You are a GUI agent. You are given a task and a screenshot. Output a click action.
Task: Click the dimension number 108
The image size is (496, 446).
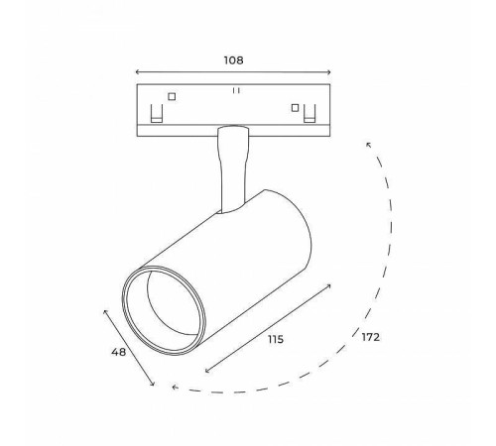pyautogui.click(x=233, y=59)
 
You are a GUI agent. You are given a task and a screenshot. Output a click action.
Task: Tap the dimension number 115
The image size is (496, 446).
pyautogui.click(x=276, y=339)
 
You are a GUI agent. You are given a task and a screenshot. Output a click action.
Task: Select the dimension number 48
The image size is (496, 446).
pyautogui.click(x=117, y=351)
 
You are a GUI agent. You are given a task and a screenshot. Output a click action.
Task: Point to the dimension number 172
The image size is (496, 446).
pyautogui.click(x=371, y=337)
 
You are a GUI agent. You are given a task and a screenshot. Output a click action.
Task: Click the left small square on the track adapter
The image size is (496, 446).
pyautogui.click(x=173, y=97)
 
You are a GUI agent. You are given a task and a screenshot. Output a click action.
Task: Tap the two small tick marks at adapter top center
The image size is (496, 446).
pyautogui.click(x=235, y=90)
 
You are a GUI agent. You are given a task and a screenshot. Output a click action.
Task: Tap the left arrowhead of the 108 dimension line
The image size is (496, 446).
pyautogui.click(x=137, y=72)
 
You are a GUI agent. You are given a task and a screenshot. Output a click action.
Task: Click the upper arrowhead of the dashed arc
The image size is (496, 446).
pyautogui.click(x=368, y=146)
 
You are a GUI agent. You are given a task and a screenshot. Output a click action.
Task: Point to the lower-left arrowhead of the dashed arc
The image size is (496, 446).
pyautogui.click(x=175, y=388)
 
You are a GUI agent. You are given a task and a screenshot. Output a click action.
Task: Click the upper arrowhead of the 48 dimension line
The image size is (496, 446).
pyautogui.click(x=105, y=309)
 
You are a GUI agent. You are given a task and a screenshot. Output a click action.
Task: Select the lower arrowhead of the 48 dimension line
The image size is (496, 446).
pyautogui.click(x=152, y=386)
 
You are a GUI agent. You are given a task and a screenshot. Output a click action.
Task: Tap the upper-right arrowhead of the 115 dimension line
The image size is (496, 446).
pyautogui.click(x=330, y=284)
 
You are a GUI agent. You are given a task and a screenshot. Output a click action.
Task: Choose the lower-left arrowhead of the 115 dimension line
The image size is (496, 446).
pyautogui.click(x=206, y=372)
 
